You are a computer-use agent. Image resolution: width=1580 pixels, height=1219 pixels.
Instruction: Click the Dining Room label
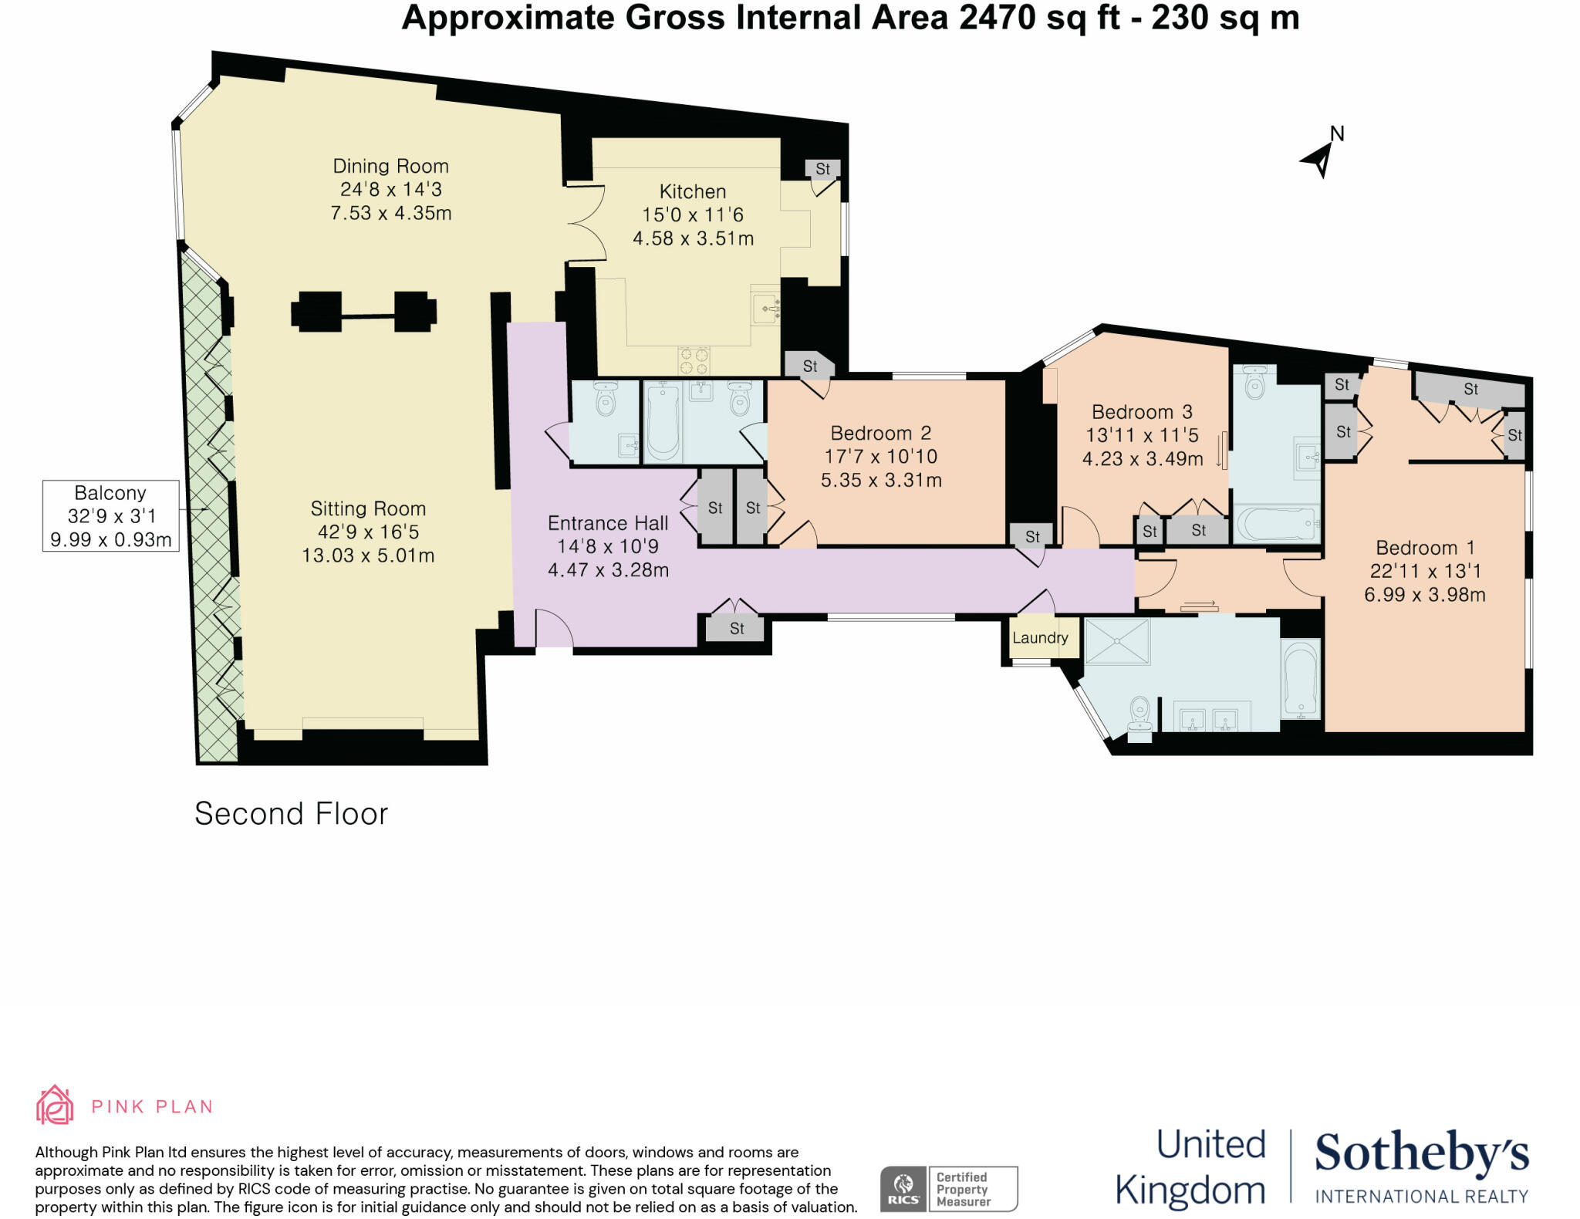tap(390, 166)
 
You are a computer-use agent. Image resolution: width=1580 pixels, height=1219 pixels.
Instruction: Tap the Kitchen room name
tap(692, 191)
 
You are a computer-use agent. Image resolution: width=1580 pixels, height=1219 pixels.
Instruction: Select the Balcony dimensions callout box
tap(110, 515)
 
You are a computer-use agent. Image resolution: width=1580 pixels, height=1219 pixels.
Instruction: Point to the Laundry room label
tap(1040, 638)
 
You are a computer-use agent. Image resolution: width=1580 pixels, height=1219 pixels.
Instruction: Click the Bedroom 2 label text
tap(880, 433)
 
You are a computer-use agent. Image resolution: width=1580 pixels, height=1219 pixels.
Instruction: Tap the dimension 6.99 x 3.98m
tap(1424, 595)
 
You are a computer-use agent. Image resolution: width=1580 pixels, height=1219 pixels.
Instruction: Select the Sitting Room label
tap(368, 508)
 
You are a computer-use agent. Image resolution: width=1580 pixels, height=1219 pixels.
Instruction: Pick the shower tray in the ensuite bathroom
tap(1116, 640)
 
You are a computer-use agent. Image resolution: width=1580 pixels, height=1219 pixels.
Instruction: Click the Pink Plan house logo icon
tap(55, 1105)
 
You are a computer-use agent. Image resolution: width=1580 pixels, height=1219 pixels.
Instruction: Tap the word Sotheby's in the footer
tap(1421, 1153)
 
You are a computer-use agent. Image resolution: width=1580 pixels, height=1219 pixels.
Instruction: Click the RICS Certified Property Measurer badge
tap(949, 1189)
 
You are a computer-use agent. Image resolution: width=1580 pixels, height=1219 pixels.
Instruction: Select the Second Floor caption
tap(291, 814)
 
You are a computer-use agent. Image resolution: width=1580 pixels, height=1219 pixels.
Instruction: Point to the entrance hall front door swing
tap(553, 629)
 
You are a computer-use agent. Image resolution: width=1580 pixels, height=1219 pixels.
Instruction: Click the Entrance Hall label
tap(607, 523)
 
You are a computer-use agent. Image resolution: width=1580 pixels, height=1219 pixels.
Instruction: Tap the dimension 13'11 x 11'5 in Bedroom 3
tap(1142, 435)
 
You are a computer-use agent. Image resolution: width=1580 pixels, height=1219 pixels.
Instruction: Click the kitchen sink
tap(766, 309)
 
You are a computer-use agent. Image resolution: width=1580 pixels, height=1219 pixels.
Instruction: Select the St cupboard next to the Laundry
tap(1032, 537)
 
